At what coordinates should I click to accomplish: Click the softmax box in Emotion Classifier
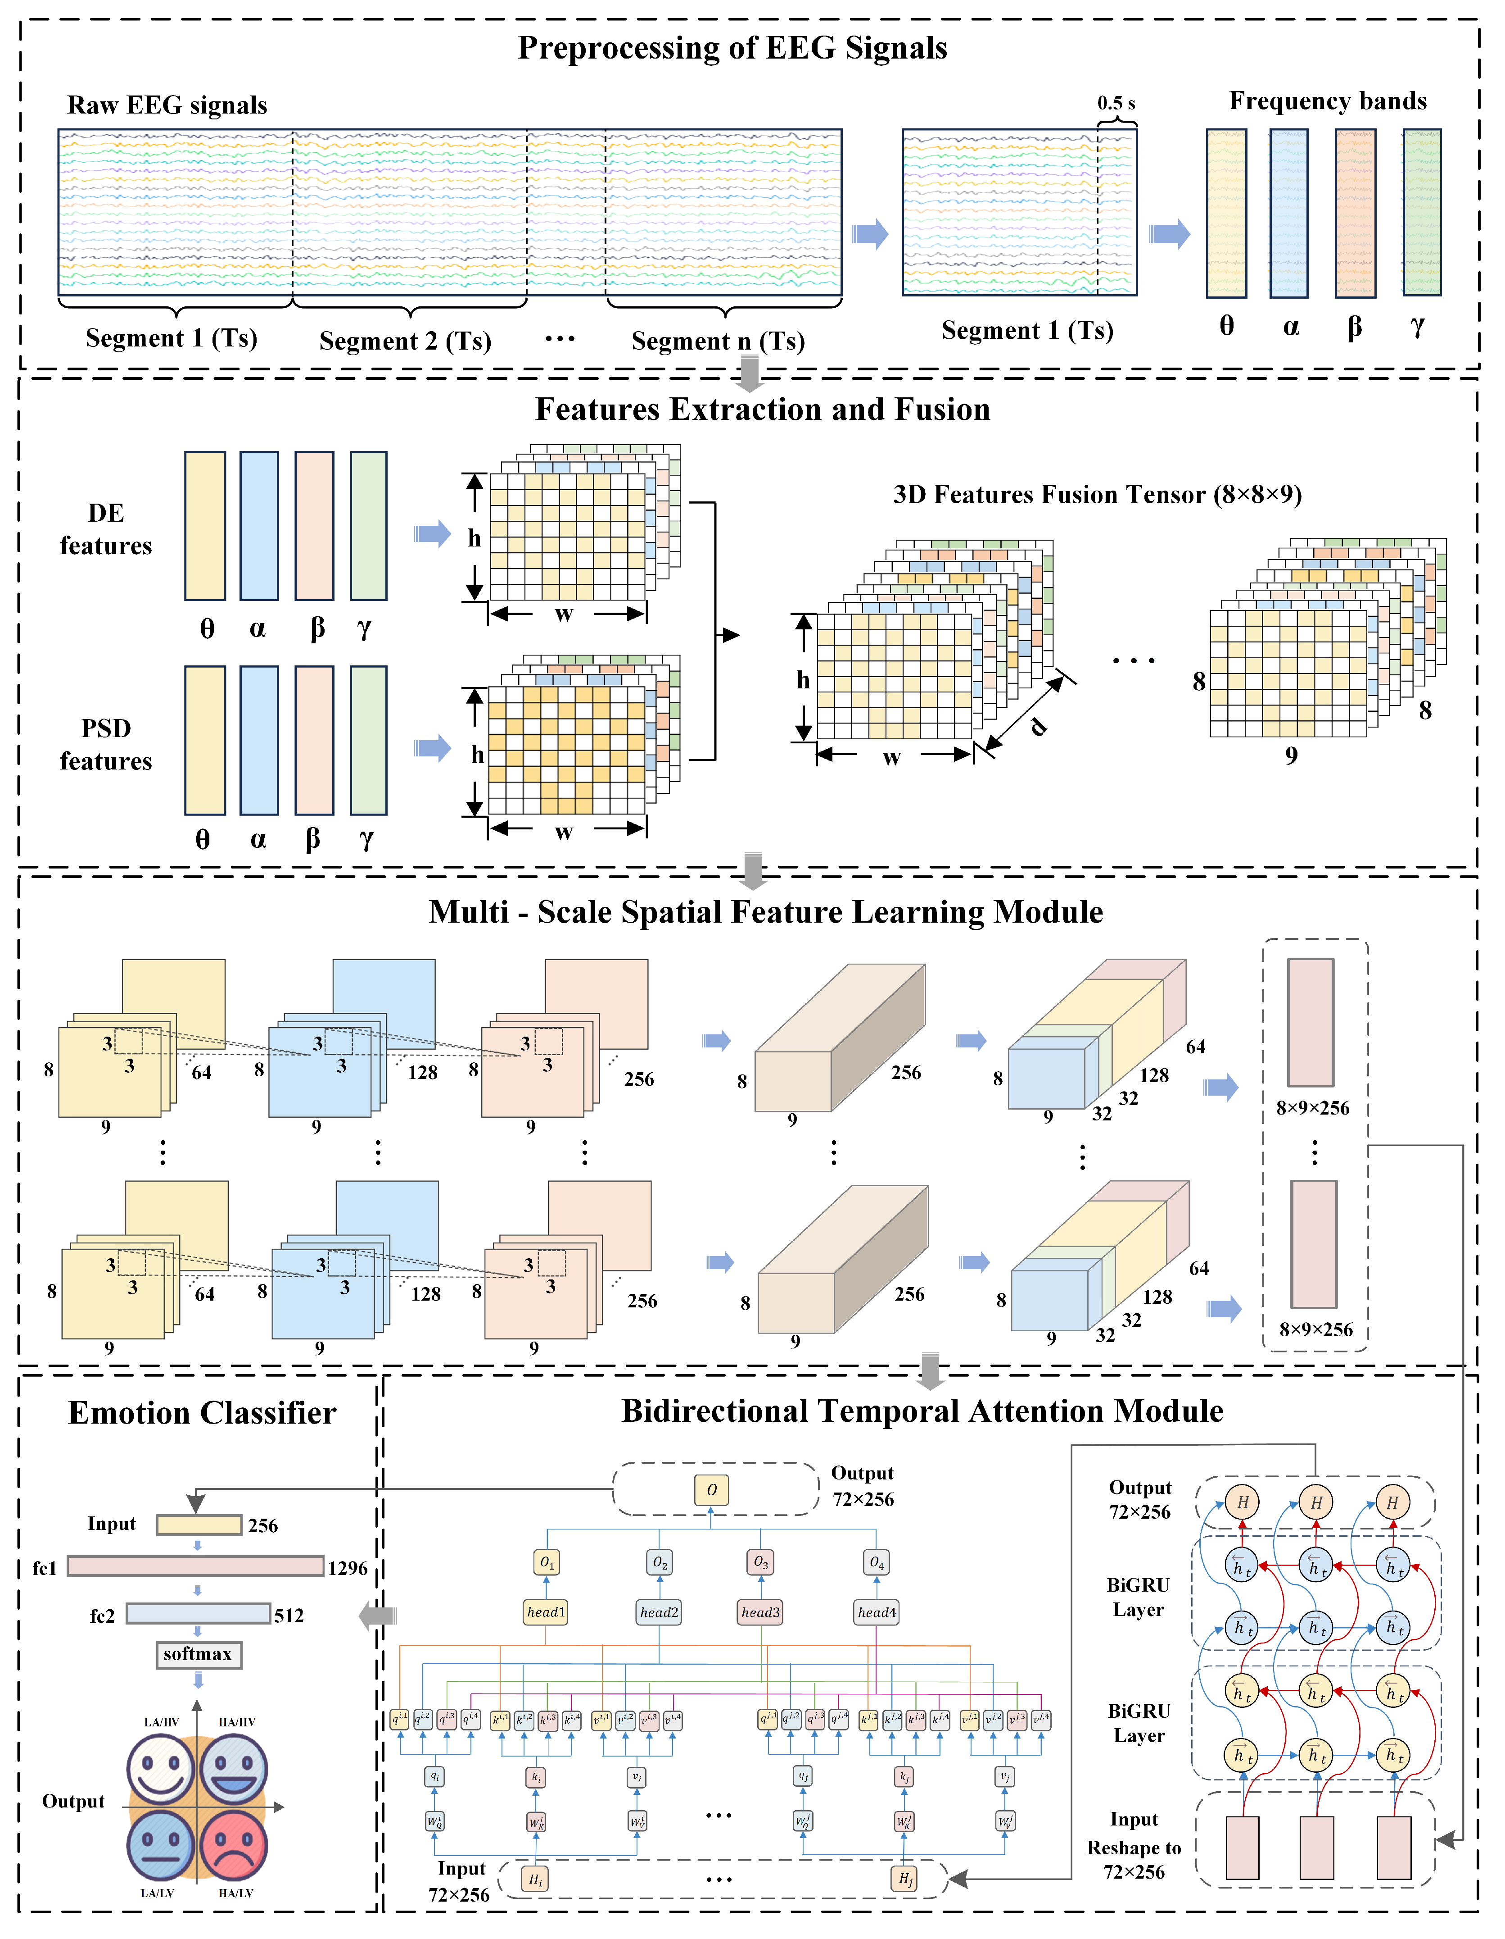[x=197, y=1654]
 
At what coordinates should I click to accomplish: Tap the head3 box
[x=760, y=1612]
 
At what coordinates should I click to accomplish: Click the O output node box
[x=712, y=1490]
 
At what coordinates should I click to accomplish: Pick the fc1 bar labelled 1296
[x=195, y=1566]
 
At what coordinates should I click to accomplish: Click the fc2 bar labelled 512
[x=198, y=1613]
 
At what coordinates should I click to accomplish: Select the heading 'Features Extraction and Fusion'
[x=762, y=409]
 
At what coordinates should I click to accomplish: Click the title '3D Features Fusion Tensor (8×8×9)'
[x=1097, y=495]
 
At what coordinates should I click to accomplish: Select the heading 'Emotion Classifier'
[x=202, y=1412]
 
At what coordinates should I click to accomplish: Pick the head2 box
[x=660, y=1612]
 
